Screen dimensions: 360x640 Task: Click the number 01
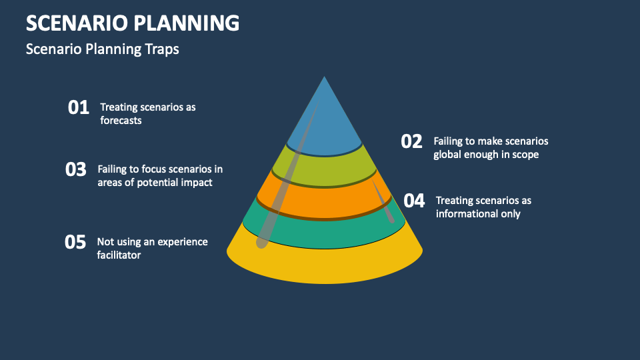pyautogui.click(x=79, y=107)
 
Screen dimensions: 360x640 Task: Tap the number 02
pyautogui.click(x=412, y=141)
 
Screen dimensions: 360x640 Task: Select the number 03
pyautogui.click(x=76, y=169)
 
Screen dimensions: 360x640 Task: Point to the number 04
pyautogui.click(x=414, y=201)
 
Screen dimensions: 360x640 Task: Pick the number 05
pyautogui.click(x=75, y=242)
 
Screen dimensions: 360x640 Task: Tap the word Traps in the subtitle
pyautogui.click(x=163, y=49)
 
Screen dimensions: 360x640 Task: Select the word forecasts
pyautogui.click(x=121, y=121)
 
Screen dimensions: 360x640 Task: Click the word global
pyautogui.click(x=448, y=155)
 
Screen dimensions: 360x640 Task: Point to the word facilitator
pyautogui.click(x=119, y=255)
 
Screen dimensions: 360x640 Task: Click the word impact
pyautogui.click(x=197, y=182)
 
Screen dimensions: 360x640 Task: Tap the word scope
pyautogui.click(x=525, y=155)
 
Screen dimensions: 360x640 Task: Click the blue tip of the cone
pyautogui.click(x=325, y=120)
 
